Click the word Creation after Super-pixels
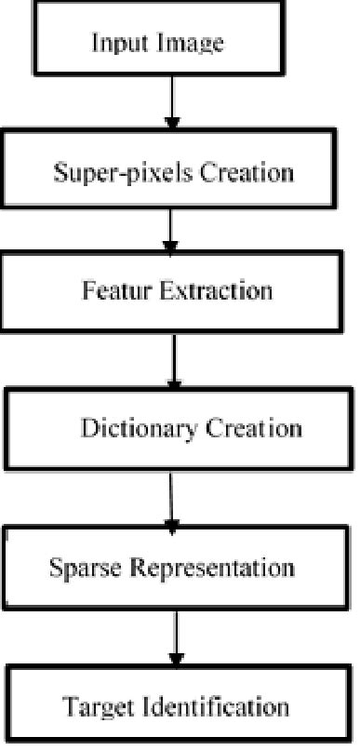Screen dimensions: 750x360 click(x=250, y=173)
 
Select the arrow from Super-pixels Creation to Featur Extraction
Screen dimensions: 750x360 click(x=169, y=230)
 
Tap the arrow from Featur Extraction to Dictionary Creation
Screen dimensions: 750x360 click(x=174, y=358)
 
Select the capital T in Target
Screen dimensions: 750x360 click(x=69, y=706)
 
